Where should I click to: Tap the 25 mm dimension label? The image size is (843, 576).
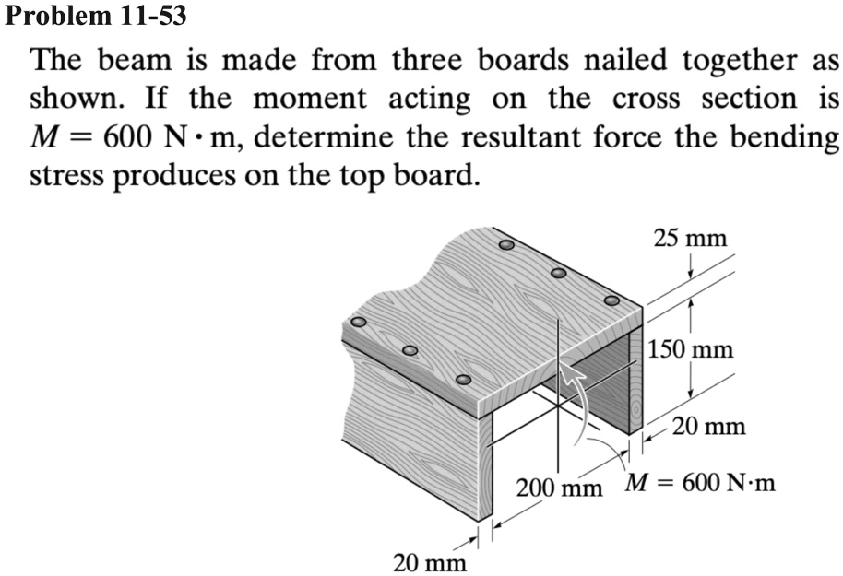tap(690, 238)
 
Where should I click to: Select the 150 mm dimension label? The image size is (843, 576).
tap(692, 349)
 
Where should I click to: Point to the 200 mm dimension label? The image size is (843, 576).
tap(559, 486)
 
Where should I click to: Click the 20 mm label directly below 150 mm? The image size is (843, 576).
tap(707, 426)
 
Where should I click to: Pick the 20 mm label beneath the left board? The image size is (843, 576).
tap(429, 560)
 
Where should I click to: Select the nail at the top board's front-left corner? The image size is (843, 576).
tap(464, 380)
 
